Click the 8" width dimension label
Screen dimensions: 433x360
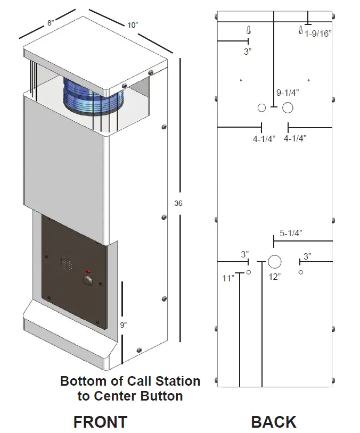click(51, 23)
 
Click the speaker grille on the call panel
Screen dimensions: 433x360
click(66, 262)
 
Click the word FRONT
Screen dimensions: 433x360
click(100, 422)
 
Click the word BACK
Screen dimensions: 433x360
click(274, 422)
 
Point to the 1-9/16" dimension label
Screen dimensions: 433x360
click(318, 34)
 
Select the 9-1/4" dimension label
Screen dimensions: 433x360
click(288, 92)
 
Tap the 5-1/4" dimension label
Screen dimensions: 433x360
click(291, 233)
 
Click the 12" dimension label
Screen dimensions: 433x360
click(275, 277)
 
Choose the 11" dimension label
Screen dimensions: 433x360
click(228, 278)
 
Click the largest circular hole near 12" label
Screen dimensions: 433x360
click(275, 262)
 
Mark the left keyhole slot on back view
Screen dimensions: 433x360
click(248, 31)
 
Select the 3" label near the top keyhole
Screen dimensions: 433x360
click(248, 52)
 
